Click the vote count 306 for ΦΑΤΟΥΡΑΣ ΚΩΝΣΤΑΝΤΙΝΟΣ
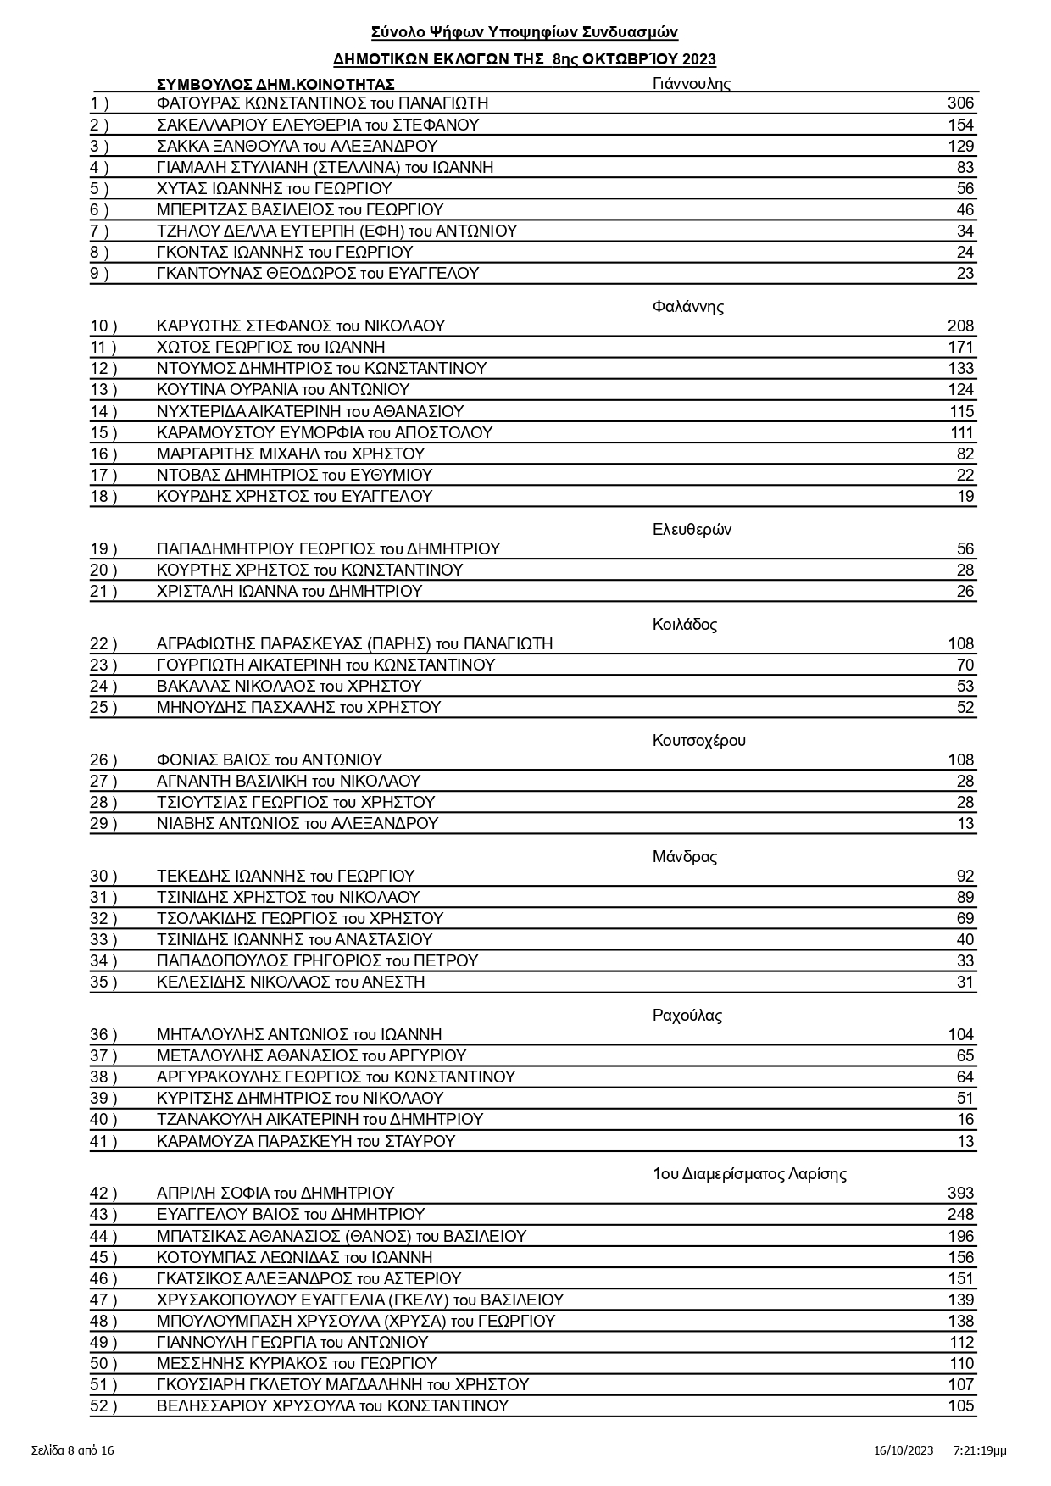(x=960, y=103)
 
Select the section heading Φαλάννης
(x=687, y=307)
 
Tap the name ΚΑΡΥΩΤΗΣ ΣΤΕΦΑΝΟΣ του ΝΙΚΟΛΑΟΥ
(x=301, y=326)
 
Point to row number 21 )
(x=103, y=592)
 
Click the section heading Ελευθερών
(x=692, y=530)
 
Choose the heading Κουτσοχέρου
(x=698, y=741)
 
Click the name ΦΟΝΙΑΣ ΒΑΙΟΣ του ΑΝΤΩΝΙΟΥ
(x=270, y=760)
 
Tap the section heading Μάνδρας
(x=684, y=857)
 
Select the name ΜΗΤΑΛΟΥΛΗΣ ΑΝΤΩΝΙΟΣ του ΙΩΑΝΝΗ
(x=299, y=1035)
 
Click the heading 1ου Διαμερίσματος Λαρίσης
(x=749, y=1174)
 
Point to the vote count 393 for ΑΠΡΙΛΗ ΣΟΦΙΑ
(x=960, y=1194)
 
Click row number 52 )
(x=103, y=1406)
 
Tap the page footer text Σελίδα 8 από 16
(x=73, y=1450)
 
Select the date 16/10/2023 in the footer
(x=904, y=1450)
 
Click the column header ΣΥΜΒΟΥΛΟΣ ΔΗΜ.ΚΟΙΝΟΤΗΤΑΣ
(x=275, y=84)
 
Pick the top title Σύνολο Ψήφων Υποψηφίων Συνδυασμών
(x=525, y=32)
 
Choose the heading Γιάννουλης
(x=691, y=83)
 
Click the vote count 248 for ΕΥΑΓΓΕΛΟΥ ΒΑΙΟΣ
(x=960, y=1215)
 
